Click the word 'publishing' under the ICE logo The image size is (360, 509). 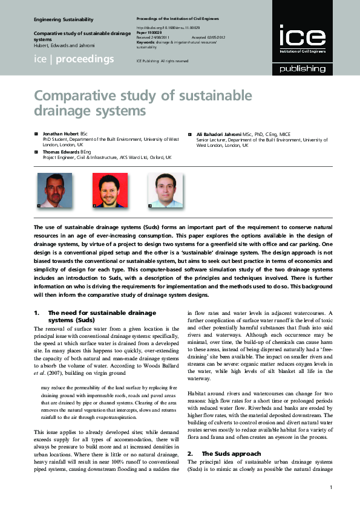(302, 68)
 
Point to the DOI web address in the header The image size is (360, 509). (168, 27)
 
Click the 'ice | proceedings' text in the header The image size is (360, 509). (74, 59)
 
